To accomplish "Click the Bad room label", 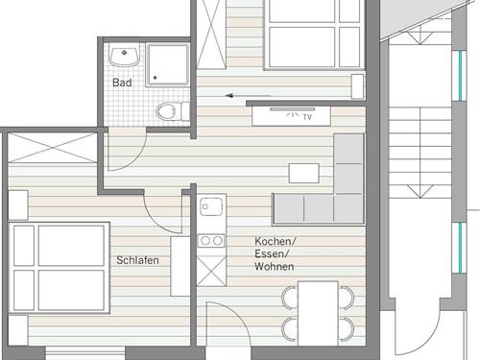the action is [x=122, y=83].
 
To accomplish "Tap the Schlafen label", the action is [x=137, y=260].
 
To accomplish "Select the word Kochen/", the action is [x=275, y=241].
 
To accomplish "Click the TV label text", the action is [x=307, y=117].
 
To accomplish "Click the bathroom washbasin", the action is [x=124, y=56].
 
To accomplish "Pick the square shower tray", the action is [x=167, y=65].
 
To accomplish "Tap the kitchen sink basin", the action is [x=211, y=206].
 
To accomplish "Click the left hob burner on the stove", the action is [x=205, y=241].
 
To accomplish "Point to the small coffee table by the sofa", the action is [x=304, y=173].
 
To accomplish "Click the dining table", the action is [x=318, y=313].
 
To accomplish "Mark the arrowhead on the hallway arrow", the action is [x=228, y=95].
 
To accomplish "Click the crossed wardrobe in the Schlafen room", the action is [x=52, y=148].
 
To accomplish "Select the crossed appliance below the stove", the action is [x=211, y=271].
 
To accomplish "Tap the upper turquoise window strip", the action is [x=460, y=76].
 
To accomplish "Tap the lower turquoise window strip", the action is [x=460, y=248].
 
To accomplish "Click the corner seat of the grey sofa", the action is [x=348, y=209].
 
